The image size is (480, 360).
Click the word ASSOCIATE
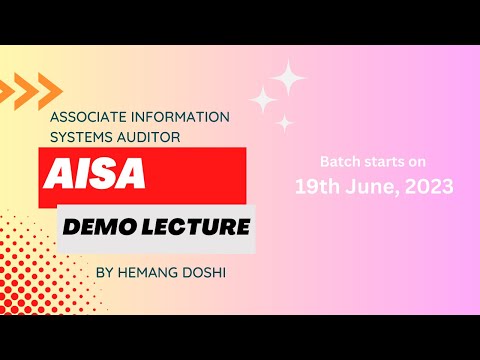88,117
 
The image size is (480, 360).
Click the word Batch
337,161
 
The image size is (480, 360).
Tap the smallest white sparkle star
285,123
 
